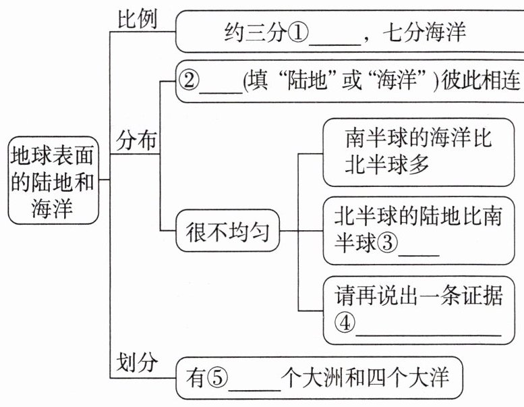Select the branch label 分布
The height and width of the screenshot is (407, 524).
137,141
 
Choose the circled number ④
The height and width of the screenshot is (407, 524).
345,323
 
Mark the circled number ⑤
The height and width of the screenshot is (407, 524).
218,381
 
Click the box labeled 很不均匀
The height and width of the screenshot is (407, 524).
227,233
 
